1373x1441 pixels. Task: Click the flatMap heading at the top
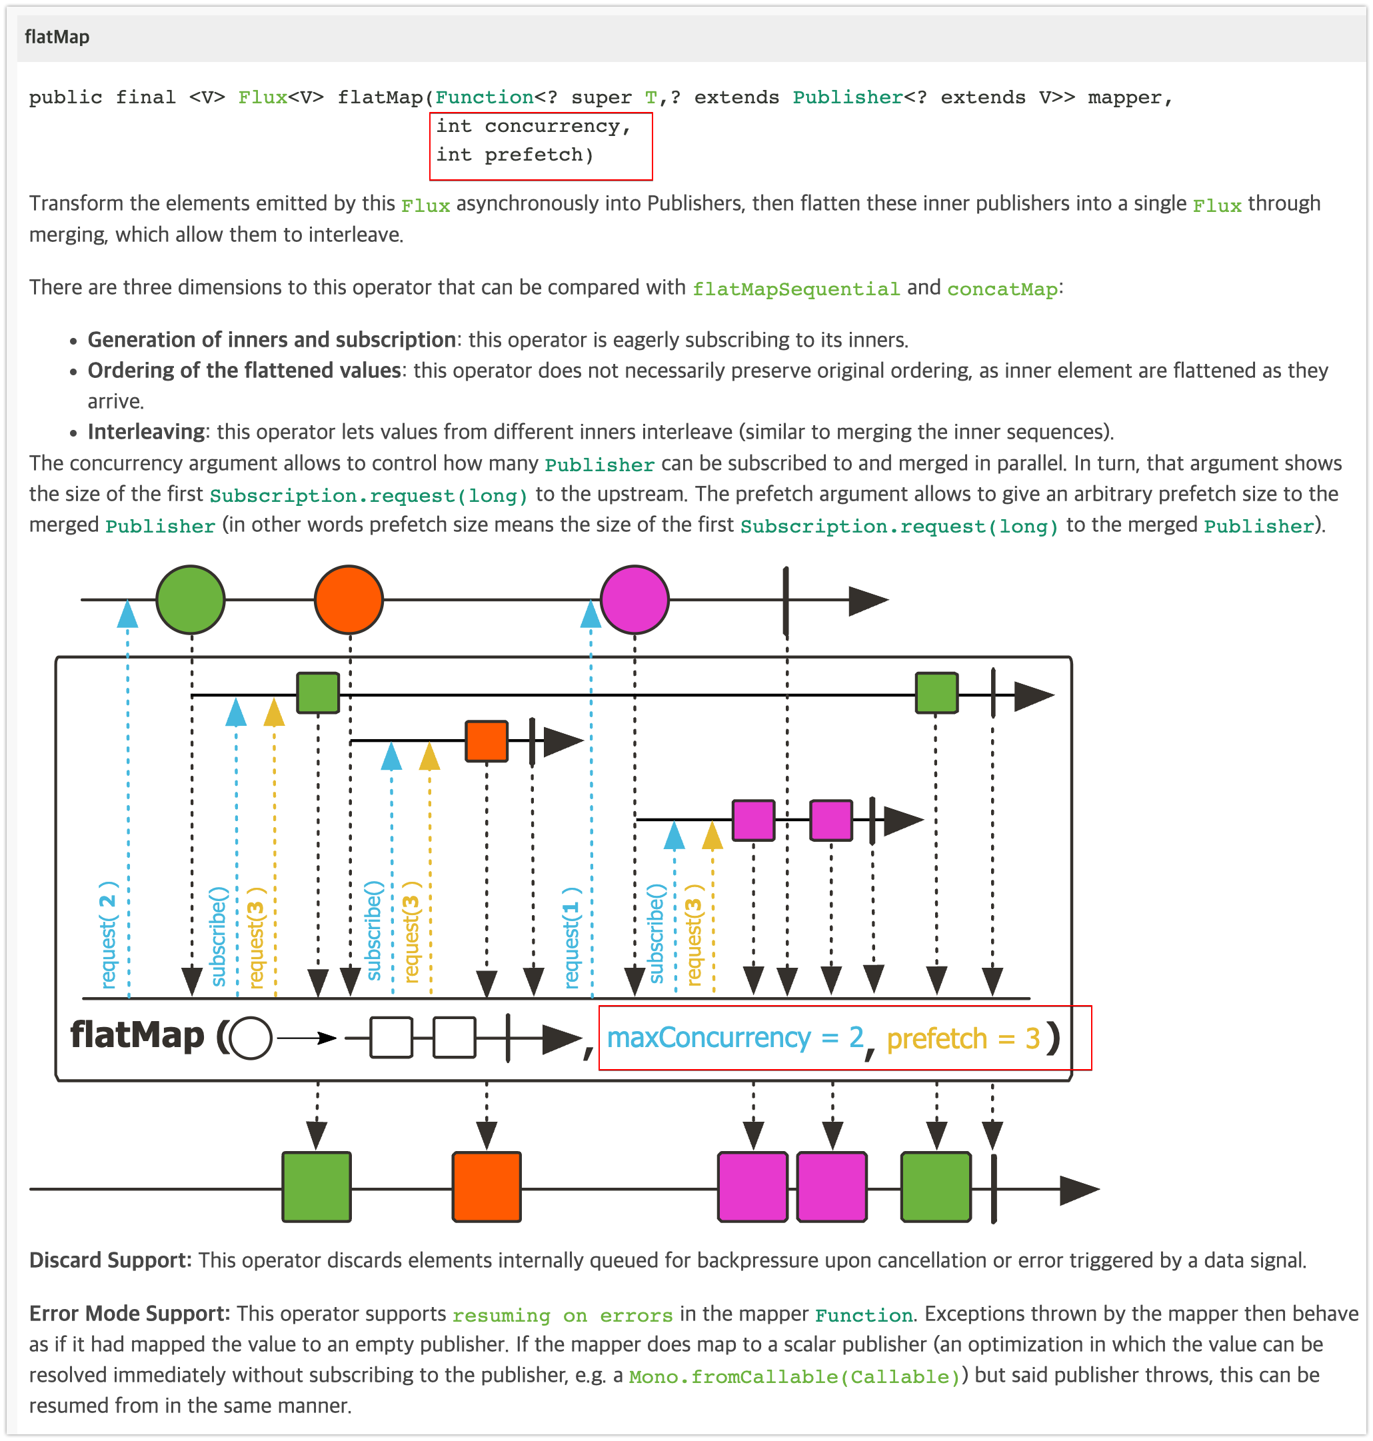57,37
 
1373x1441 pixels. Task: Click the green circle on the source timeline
191,599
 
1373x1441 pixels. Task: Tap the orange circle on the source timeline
349,599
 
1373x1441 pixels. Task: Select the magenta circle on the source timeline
635,599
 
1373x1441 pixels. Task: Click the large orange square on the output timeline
486,1187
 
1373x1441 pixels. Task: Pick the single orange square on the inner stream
487,740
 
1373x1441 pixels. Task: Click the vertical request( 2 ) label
109,934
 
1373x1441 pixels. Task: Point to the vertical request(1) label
572,938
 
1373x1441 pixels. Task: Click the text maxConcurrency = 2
734,1038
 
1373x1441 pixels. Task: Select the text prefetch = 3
963,1038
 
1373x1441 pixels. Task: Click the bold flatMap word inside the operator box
137,1036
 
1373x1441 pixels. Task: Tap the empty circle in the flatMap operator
251,1038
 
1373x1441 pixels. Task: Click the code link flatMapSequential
796,289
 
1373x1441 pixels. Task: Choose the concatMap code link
1002,289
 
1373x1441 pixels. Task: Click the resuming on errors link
562,1315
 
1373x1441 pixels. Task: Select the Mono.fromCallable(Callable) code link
794,1376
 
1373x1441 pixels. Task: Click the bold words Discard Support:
110,1260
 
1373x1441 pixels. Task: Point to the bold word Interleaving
146,432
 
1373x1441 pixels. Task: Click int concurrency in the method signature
533,127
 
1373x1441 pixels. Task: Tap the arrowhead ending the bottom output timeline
1079,1189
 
